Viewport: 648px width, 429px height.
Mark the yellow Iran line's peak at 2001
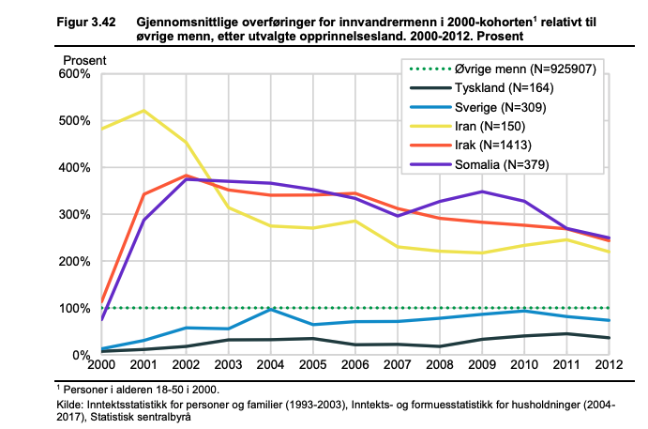(x=143, y=111)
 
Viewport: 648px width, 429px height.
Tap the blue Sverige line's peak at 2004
(x=270, y=309)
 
